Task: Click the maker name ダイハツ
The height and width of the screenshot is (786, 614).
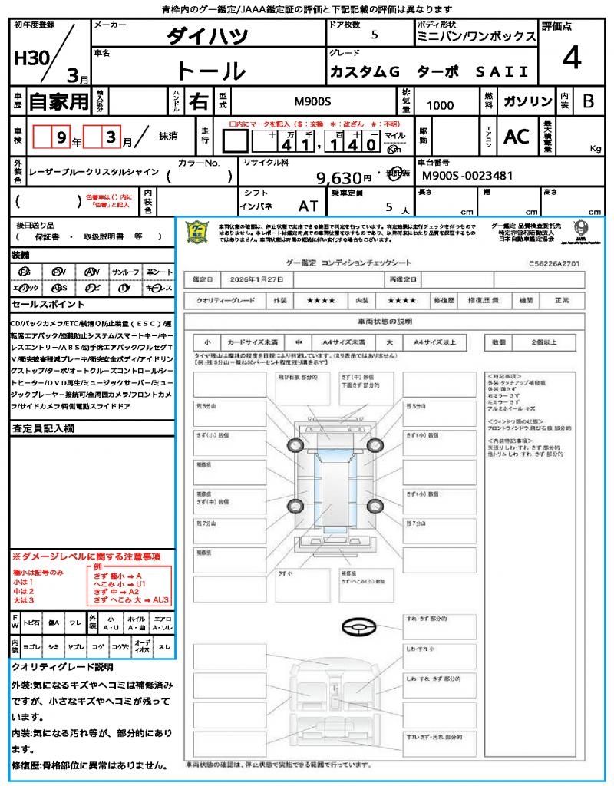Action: pyautogui.click(x=208, y=36)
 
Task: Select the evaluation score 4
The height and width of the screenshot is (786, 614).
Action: pyautogui.click(x=570, y=58)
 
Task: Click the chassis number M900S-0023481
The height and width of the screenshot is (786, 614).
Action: pyautogui.click(x=467, y=176)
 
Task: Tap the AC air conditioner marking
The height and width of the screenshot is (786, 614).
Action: pyautogui.click(x=517, y=137)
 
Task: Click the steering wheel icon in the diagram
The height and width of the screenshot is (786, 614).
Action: pyautogui.click(x=358, y=628)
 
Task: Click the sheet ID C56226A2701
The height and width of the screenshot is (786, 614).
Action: pyautogui.click(x=553, y=263)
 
